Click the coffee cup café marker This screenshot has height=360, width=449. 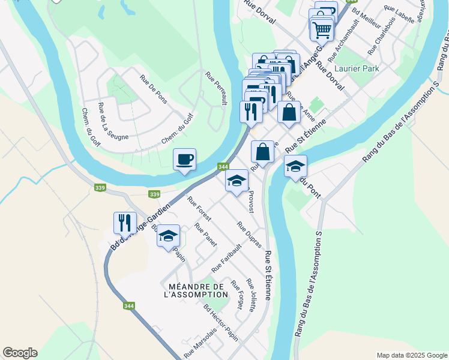click(x=184, y=160)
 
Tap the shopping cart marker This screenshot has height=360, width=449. click(x=322, y=28)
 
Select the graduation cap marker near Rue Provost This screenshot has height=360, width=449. click(x=237, y=181)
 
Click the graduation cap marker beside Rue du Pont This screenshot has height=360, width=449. click(x=295, y=166)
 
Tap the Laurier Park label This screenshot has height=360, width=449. click(x=358, y=69)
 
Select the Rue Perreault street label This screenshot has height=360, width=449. click(x=216, y=89)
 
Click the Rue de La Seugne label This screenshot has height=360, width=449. click(x=112, y=122)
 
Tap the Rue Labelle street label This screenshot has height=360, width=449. click(x=399, y=14)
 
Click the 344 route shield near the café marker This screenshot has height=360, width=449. click(x=223, y=166)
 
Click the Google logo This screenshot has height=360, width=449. click(x=20, y=353)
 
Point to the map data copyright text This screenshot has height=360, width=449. click(x=411, y=355)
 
